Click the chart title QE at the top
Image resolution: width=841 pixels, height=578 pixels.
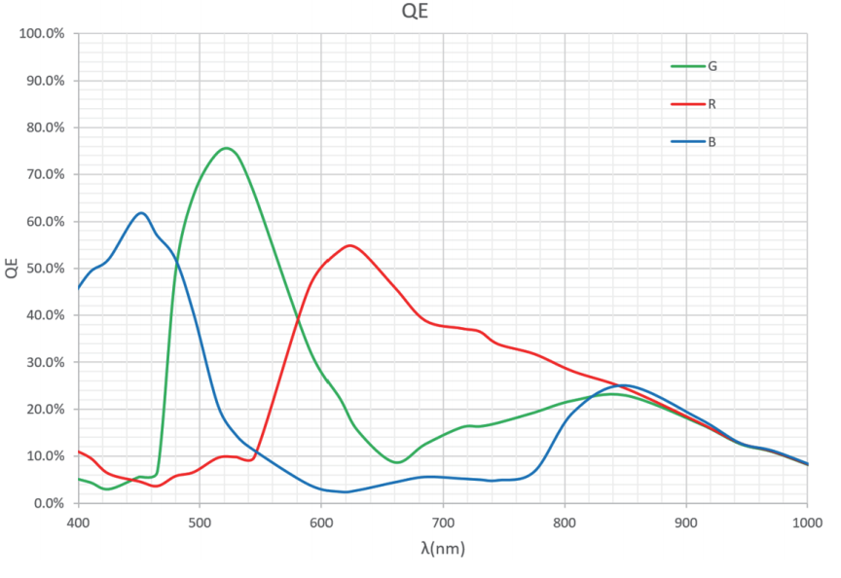[x=417, y=13]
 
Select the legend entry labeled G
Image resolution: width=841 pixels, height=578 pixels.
[x=713, y=66]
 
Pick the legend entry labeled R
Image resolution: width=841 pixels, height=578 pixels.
[x=713, y=103]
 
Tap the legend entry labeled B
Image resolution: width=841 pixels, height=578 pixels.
[x=713, y=141]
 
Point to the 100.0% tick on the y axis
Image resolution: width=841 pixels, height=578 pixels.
[x=42, y=34]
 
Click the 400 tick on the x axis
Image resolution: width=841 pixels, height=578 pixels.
[x=78, y=521]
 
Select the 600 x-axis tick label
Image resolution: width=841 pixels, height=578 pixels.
[x=321, y=521]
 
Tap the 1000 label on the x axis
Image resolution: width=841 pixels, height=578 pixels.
[x=807, y=521]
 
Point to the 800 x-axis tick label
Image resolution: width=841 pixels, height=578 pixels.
[x=565, y=521]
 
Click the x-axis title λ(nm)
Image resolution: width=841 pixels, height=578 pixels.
[x=443, y=549]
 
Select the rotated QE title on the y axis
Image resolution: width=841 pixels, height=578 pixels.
[x=12, y=269]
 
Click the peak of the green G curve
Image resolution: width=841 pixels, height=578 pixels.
[x=226, y=148]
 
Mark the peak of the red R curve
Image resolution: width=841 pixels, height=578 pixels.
[x=349, y=245]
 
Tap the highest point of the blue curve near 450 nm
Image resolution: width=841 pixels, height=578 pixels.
[x=142, y=212]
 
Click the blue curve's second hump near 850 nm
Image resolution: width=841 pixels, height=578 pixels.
[x=627, y=385]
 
